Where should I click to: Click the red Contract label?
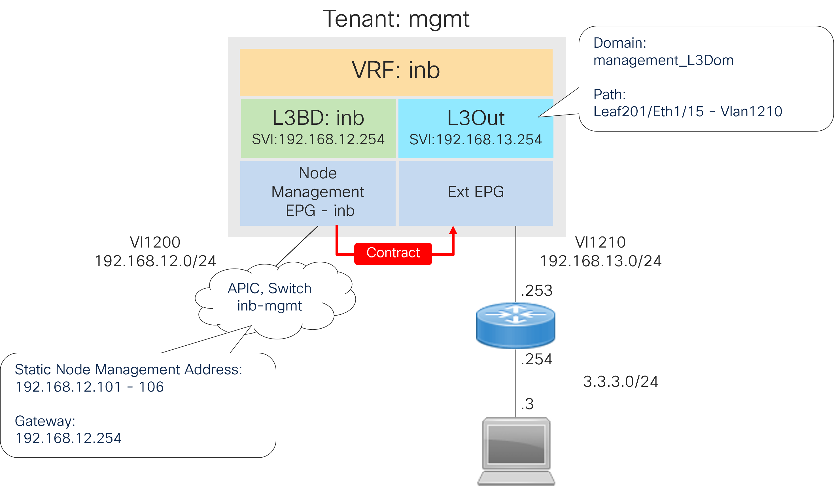(393, 253)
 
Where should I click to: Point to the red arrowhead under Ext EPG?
(453, 230)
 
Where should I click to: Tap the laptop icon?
(516, 450)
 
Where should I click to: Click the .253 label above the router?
(536, 290)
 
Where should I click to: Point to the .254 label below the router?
(536, 359)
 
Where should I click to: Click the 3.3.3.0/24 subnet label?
(621, 381)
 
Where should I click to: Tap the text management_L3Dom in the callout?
(663, 60)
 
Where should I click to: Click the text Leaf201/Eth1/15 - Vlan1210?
(688, 111)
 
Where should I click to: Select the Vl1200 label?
(155, 242)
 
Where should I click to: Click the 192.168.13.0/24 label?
(601, 261)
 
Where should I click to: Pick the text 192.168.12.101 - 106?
(89, 387)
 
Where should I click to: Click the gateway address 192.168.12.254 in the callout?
(69, 438)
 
